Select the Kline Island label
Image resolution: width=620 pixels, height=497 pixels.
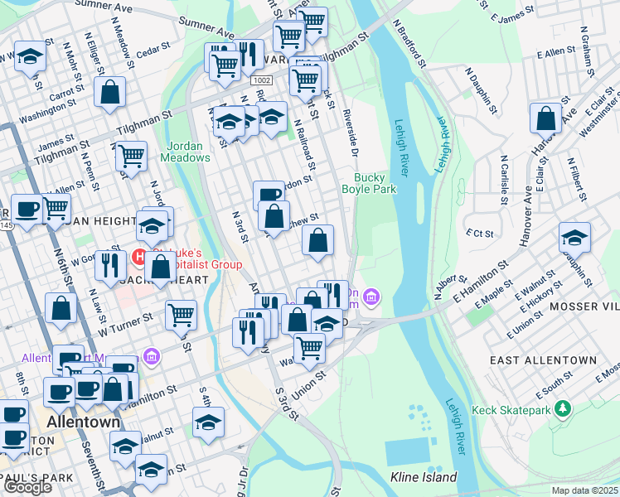[423, 477]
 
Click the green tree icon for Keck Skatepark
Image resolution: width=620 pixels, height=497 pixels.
[564, 409]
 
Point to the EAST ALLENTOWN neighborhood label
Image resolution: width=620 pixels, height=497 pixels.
[543, 360]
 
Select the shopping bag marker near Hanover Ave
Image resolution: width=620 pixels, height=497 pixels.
[547, 118]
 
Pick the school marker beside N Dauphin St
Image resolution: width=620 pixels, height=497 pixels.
[574, 238]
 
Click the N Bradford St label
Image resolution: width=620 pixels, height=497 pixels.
[410, 46]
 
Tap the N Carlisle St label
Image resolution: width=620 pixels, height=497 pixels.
[503, 178]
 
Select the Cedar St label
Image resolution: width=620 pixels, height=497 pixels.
[153, 51]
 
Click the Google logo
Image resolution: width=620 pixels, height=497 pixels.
[27, 487]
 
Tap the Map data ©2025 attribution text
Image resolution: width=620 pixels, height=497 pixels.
[585, 490]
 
